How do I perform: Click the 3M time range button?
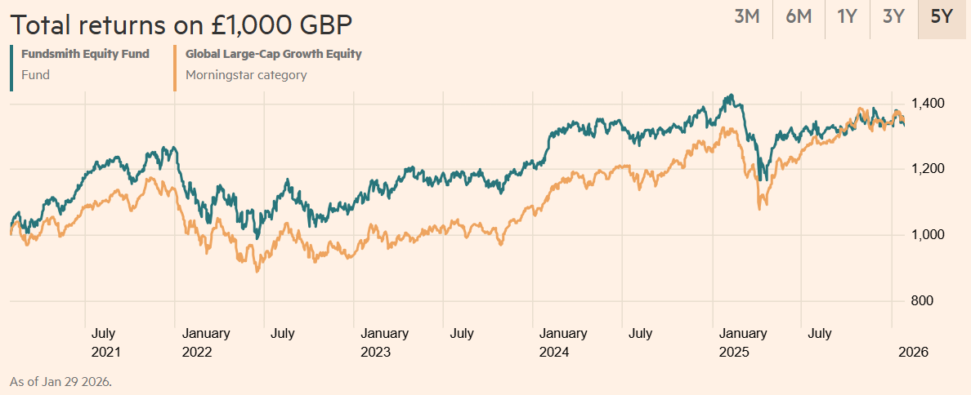click(x=747, y=17)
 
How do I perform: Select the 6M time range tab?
click(x=799, y=17)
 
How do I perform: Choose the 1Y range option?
click(x=847, y=17)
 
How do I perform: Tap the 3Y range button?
click(x=893, y=17)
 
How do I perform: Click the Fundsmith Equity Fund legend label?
click(x=86, y=55)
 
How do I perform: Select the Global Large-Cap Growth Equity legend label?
click(x=273, y=55)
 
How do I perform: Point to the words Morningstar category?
click(x=246, y=75)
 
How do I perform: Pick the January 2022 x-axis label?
click(x=206, y=343)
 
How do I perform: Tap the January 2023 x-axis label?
click(x=384, y=343)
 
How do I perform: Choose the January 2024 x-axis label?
click(x=562, y=343)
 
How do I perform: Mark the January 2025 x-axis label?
click(x=742, y=343)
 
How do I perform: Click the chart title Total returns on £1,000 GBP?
click(x=181, y=24)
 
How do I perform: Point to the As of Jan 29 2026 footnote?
click(x=60, y=381)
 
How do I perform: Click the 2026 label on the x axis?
click(x=912, y=353)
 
